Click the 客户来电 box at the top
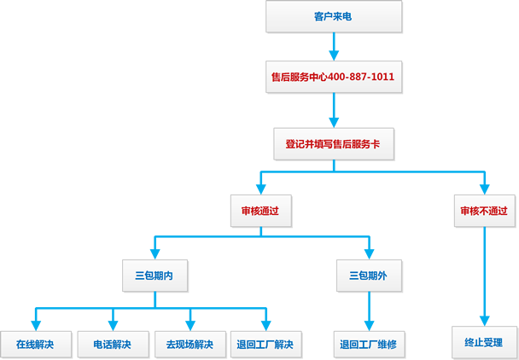tap(332, 16)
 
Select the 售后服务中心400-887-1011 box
tap(332, 77)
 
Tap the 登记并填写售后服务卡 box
tap(332, 144)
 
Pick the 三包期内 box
tap(155, 276)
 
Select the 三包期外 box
tap(368, 276)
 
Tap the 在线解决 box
tap(35, 345)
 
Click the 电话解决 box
tap(112, 345)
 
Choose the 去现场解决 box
tap(189, 345)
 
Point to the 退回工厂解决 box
tap(265, 345)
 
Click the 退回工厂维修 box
tap(368, 345)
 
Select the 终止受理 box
tap(484, 342)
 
